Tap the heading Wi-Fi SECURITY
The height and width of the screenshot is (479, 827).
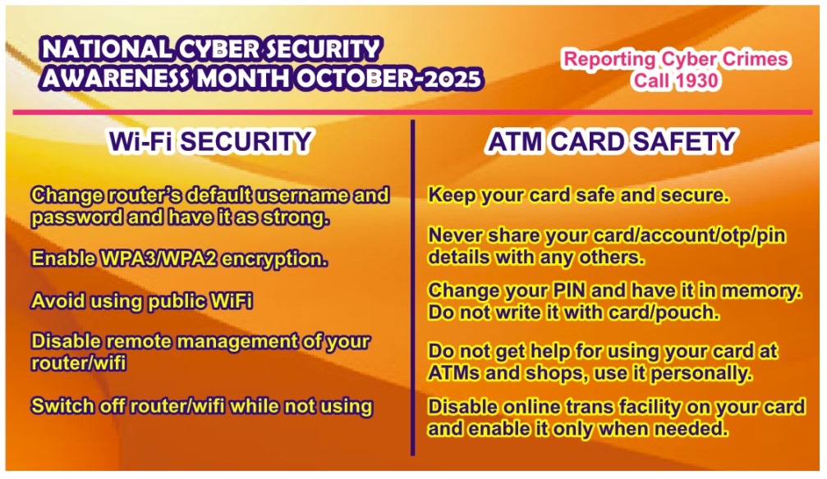[x=210, y=141]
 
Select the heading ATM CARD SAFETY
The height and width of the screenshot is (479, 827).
[x=611, y=141]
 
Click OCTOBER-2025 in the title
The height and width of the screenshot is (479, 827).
[x=388, y=79]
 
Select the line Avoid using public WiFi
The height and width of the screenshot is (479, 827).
[x=141, y=301]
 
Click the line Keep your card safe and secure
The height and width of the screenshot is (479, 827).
[x=579, y=195]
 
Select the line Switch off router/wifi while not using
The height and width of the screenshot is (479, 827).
[x=202, y=406]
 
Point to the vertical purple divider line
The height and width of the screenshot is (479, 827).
[x=412, y=287]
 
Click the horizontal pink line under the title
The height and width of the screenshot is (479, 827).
[x=412, y=112]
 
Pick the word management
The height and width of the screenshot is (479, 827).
[x=236, y=342]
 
